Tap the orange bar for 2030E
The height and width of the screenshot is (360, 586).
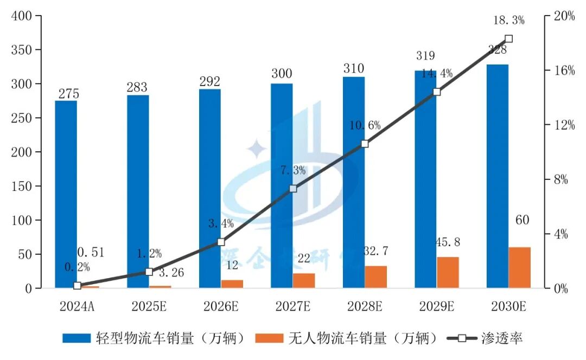(519, 267)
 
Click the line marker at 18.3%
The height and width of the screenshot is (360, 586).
(508, 39)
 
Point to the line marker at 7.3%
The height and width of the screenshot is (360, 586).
(293, 189)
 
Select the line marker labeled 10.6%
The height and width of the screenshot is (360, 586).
(365, 144)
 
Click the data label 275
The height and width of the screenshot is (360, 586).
(68, 93)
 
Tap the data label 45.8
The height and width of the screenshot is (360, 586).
(448, 242)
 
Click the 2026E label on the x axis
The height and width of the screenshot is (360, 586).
(221, 307)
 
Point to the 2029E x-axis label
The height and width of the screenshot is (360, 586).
(436, 307)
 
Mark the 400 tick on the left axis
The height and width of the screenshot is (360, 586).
(22, 16)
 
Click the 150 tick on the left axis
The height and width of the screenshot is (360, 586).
(22, 187)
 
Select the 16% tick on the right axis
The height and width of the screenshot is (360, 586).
(564, 71)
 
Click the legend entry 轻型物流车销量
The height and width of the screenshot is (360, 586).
(157, 339)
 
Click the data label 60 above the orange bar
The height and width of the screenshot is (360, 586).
(522, 221)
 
